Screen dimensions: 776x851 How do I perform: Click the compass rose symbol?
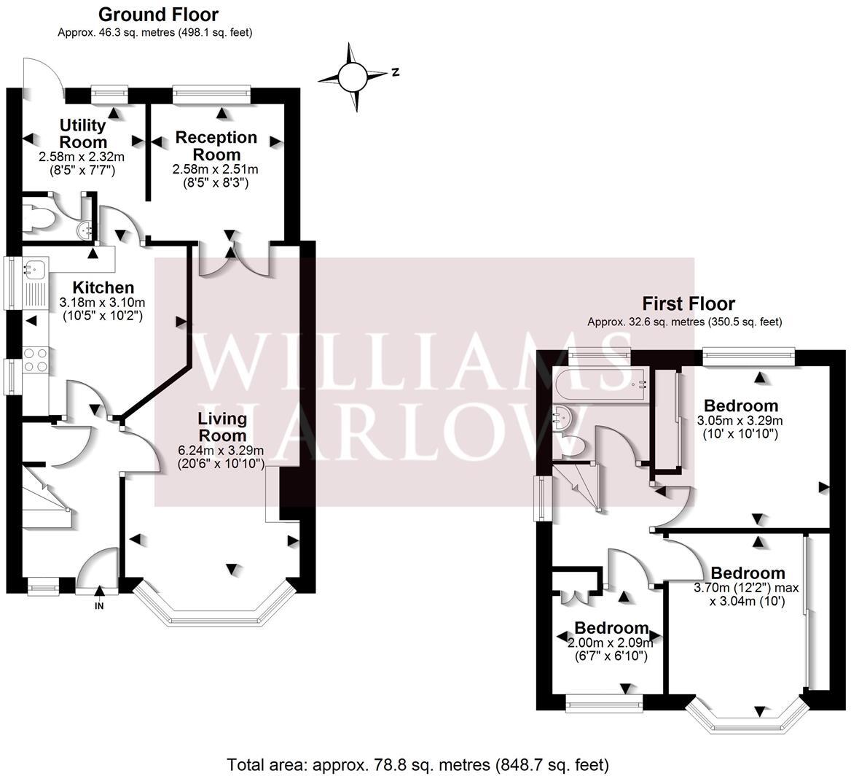click(353, 75)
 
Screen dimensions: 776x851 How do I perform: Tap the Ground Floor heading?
click(157, 15)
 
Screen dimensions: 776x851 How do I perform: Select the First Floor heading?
click(688, 303)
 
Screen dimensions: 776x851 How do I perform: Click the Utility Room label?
click(83, 134)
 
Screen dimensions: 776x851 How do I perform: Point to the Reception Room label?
click(216, 146)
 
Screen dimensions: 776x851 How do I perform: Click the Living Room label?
click(222, 427)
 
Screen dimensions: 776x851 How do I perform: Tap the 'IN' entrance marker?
click(99, 605)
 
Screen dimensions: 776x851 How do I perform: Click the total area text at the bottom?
click(417, 765)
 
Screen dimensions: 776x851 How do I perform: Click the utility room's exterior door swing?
click(40, 73)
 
